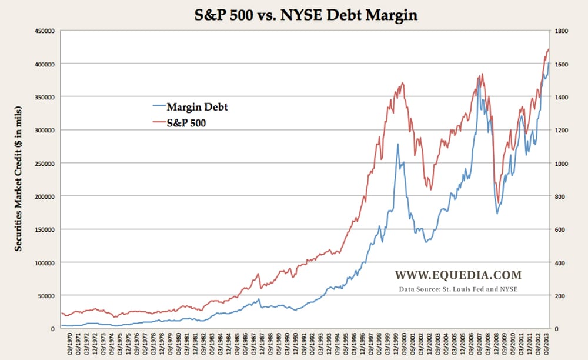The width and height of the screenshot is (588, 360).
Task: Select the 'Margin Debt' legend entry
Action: click(x=197, y=107)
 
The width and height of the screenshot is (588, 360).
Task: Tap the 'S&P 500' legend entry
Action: click(x=189, y=124)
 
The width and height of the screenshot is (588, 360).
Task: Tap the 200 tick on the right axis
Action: click(x=559, y=295)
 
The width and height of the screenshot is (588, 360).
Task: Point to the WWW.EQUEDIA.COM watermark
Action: click(x=458, y=275)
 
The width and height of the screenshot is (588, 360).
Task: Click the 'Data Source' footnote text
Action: click(x=458, y=289)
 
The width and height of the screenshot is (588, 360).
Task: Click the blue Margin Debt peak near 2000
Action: click(x=398, y=144)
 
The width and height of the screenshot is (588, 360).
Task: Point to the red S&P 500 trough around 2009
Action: click(x=499, y=202)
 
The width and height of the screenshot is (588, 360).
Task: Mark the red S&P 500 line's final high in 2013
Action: click(x=548, y=49)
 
